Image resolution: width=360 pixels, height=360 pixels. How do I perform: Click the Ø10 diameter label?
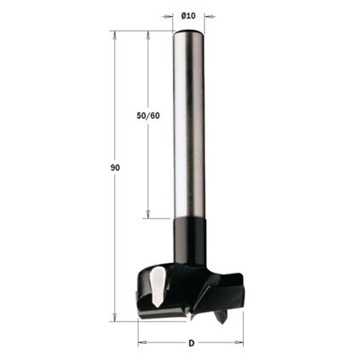(188, 16)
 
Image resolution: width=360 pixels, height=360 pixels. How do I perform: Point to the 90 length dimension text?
(115, 168)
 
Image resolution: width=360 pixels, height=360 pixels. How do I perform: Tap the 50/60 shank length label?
(148, 116)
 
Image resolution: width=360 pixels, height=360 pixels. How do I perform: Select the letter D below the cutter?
(191, 343)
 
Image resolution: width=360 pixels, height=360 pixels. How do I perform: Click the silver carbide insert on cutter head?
(157, 287)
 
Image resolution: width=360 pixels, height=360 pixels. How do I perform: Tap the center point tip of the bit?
(190, 317)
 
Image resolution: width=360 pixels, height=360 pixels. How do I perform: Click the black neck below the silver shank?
(190, 240)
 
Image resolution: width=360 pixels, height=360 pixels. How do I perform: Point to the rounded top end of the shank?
(188, 31)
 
